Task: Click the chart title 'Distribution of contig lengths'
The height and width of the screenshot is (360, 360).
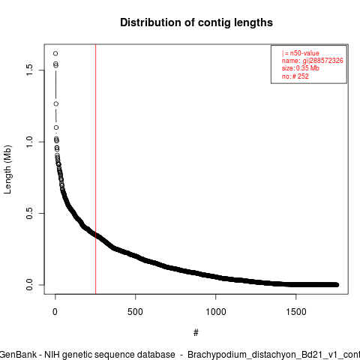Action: tap(196, 22)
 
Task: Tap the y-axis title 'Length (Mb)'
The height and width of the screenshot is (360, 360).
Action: tap(7, 169)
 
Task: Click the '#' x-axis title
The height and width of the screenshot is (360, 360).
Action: tap(196, 333)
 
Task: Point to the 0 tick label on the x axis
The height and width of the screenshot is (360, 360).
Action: tap(55, 312)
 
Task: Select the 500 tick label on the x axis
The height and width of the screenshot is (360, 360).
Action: tap(135, 312)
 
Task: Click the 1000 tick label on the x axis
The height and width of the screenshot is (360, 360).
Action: tap(215, 312)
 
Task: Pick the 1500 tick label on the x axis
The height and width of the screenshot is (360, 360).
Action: tap(296, 312)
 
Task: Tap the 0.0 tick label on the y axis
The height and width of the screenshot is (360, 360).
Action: tap(29, 285)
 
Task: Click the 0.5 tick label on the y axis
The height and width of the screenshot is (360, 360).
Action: tap(29, 213)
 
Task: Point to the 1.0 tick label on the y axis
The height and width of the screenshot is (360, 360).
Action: tap(29, 142)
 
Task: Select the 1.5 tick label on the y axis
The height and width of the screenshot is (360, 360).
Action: tap(29, 70)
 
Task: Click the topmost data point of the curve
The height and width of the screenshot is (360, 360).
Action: tap(55, 53)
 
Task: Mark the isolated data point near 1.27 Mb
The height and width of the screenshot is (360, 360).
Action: tap(56, 103)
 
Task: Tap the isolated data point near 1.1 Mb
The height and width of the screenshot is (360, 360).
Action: tap(56, 127)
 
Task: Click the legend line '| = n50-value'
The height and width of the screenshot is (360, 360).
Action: tap(301, 53)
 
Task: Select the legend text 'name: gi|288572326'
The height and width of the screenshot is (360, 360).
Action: tap(313, 61)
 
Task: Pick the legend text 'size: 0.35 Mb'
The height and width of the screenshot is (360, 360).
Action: tap(301, 68)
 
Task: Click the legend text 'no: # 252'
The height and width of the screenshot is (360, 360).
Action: tap(295, 76)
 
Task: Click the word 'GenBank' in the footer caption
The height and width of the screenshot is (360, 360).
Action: tap(18, 355)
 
